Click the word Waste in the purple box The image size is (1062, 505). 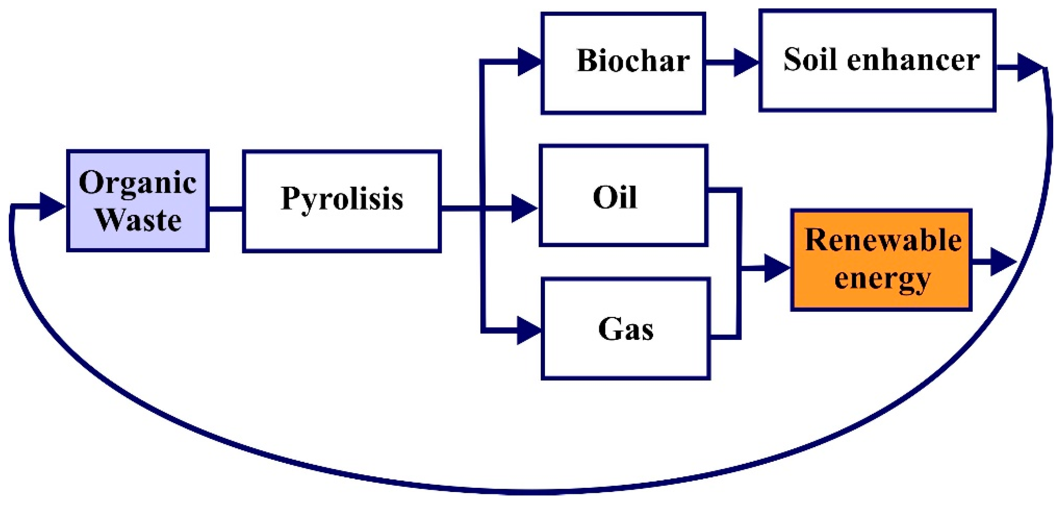pos(138,220)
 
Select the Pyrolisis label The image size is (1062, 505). pos(342,199)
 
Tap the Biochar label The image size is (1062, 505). pos(633,61)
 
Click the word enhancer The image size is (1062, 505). pos(913,60)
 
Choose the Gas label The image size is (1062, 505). pos(626,330)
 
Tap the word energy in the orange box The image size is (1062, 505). pos(882,278)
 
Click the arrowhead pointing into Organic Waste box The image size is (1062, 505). pos(52,206)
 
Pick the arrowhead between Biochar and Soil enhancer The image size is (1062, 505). pos(745,62)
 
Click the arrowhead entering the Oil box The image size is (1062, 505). pos(524,208)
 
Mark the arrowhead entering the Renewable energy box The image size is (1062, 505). pos(776,268)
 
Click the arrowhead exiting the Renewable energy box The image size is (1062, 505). pos(1002,261)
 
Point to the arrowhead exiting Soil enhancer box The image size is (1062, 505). pos(1029,67)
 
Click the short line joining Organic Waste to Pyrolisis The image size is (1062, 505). pos(225,209)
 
